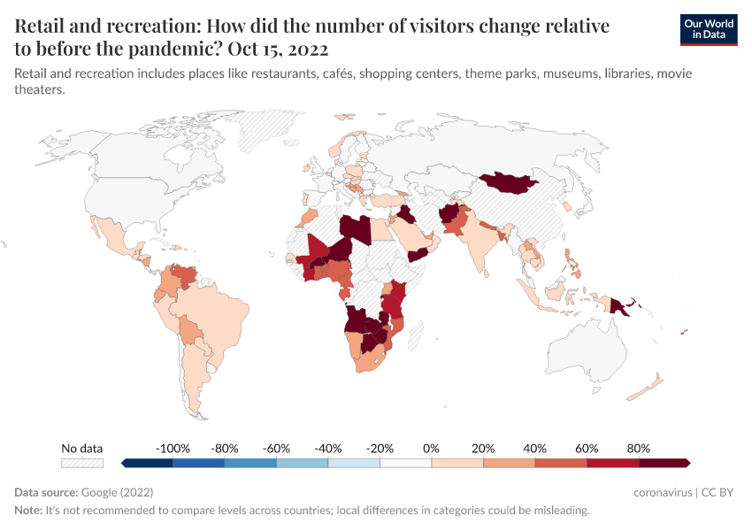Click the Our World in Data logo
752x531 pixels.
(x=708, y=28)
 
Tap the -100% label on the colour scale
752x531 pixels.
(x=173, y=448)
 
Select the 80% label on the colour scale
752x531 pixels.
(x=639, y=448)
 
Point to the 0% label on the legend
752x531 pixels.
(x=432, y=448)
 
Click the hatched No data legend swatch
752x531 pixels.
(x=81, y=463)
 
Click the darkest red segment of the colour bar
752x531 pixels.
(x=664, y=463)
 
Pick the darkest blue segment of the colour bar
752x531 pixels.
(x=148, y=463)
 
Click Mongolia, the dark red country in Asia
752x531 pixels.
(x=511, y=183)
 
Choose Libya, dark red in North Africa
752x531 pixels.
(x=356, y=227)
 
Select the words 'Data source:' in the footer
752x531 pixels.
(x=46, y=492)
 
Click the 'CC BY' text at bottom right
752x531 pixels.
(x=717, y=492)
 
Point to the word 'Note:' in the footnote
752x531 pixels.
(x=29, y=511)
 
